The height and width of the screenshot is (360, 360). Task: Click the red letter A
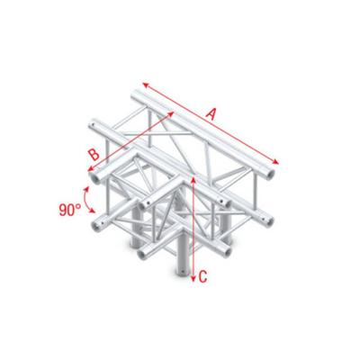pos(212,112)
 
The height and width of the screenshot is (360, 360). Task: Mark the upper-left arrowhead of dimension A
pos(145,85)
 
